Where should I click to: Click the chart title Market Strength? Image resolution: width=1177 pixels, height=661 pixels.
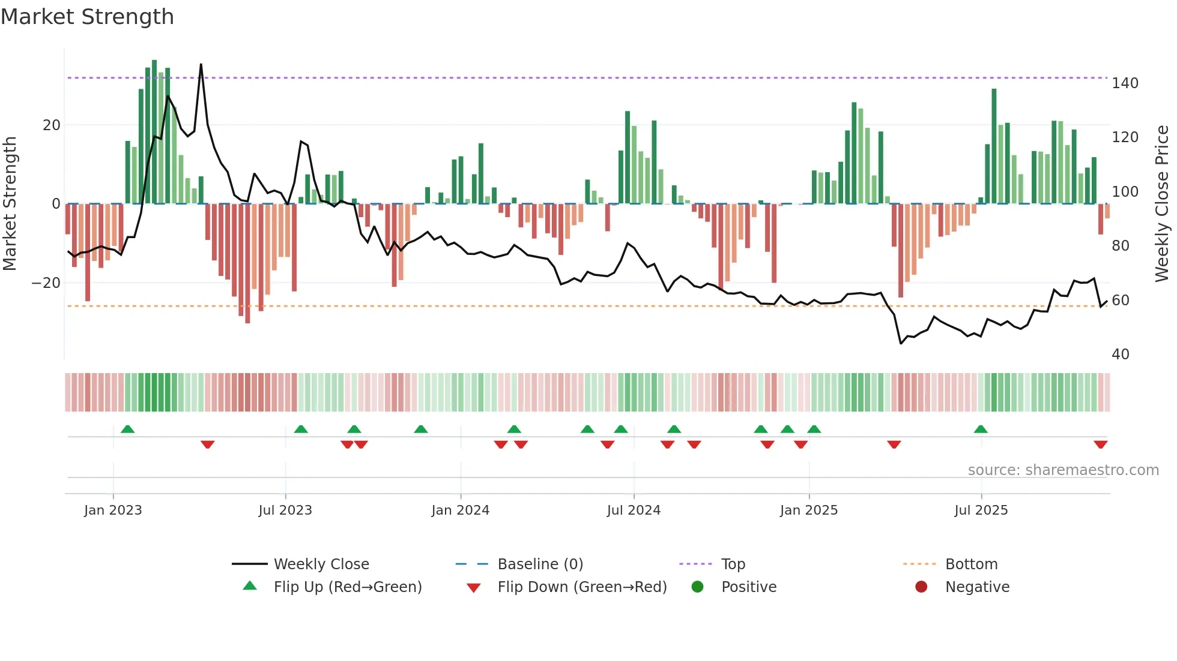(x=87, y=17)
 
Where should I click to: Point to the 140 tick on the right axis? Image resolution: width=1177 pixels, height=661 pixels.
(x=1124, y=83)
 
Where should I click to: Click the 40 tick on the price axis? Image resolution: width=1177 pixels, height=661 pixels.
(x=1120, y=354)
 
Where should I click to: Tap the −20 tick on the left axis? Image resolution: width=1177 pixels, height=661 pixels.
(x=46, y=283)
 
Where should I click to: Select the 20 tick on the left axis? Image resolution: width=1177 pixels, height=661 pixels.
(x=52, y=125)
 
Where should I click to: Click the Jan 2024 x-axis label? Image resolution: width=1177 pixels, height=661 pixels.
(x=460, y=510)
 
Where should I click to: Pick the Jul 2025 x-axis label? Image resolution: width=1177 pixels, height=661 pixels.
(x=981, y=510)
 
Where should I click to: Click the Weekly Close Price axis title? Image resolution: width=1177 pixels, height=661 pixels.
(x=1162, y=203)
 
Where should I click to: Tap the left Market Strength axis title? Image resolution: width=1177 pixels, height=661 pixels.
(x=10, y=203)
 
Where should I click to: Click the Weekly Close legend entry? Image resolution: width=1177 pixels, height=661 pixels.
(x=321, y=564)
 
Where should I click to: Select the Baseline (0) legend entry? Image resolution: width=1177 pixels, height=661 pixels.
(x=540, y=564)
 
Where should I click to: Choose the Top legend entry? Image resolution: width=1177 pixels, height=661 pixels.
(x=733, y=564)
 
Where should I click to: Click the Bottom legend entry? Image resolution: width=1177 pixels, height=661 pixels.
(x=971, y=564)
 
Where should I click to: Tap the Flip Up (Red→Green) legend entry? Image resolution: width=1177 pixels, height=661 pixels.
(x=347, y=587)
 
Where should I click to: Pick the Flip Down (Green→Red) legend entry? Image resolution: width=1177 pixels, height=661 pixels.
(x=581, y=587)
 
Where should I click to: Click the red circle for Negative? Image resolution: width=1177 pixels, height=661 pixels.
(x=921, y=587)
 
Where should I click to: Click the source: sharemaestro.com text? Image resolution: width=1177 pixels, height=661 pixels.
(x=1063, y=470)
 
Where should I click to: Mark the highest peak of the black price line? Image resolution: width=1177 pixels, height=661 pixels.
(x=201, y=64)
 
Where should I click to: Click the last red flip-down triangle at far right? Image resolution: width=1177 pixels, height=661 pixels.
(x=1100, y=444)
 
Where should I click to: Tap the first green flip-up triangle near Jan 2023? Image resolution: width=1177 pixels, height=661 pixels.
(x=127, y=429)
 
